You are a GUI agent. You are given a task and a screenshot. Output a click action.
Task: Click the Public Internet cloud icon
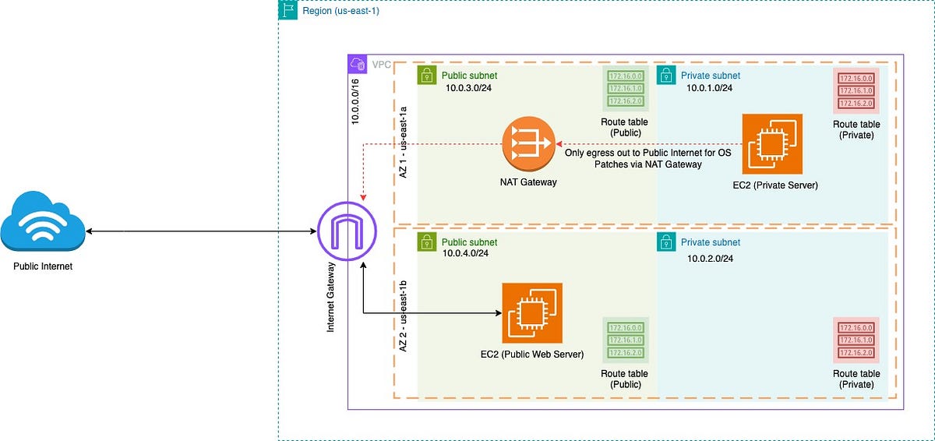coord(43,223)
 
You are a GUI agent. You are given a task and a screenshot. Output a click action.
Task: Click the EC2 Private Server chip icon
coord(772,143)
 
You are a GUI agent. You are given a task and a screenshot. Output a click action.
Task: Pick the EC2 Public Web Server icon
coord(532,313)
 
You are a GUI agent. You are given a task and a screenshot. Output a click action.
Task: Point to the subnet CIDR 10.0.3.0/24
coord(467,89)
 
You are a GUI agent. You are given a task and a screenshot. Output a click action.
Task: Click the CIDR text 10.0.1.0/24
coord(709,89)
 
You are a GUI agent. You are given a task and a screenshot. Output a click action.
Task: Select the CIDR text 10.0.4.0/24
coord(465,254)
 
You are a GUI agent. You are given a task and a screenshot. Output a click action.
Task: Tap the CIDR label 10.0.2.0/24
coord(710,258)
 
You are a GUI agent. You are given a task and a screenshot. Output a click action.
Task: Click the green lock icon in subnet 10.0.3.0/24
coord(427,76)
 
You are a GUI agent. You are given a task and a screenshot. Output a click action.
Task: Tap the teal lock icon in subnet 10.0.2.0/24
coord(666,242)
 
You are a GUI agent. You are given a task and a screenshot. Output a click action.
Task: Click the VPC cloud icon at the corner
coord(358,64)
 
